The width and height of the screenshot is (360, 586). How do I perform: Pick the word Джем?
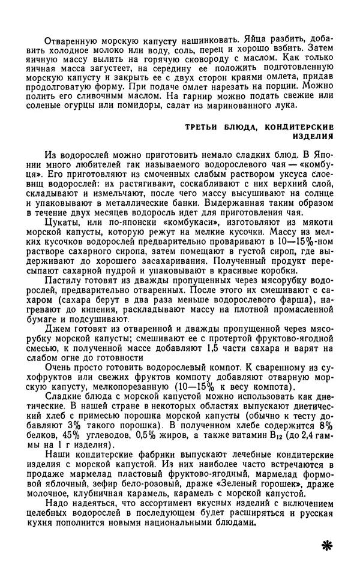(57, 338)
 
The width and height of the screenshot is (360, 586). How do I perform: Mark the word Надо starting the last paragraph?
(58, 503)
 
